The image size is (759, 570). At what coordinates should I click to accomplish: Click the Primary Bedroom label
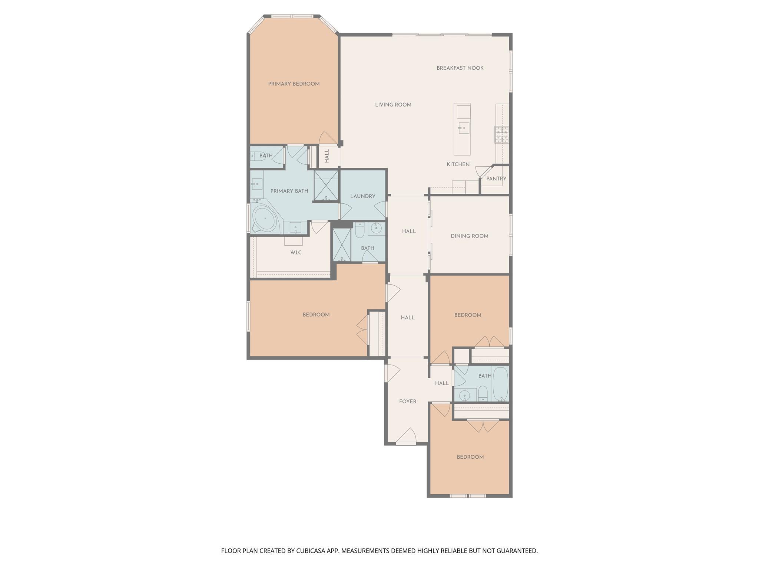tap(294, 84)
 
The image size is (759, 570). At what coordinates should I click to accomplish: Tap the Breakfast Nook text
tap(460, 68)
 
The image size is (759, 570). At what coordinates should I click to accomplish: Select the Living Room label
tap(393, 105)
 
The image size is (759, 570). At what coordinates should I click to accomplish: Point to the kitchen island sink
tap(463, 128)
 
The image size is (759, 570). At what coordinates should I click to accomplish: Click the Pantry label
tap(496, 178)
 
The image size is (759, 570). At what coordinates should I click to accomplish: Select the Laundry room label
tap(362, 196)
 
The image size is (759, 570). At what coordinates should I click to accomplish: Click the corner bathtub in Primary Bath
tap(265, 219)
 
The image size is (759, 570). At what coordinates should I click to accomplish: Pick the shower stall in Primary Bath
tap(326, 185)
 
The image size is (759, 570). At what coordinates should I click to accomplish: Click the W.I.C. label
tap(296, 253)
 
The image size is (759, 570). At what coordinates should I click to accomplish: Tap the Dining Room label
tap(470, 236)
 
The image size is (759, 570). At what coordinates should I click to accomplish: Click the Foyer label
tap(408, 402)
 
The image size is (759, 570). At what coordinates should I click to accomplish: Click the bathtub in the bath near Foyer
tap(500, 384)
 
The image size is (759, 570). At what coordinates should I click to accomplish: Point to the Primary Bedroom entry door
tap(327, 138)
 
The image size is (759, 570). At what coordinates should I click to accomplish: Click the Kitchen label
tap(458, 164)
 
